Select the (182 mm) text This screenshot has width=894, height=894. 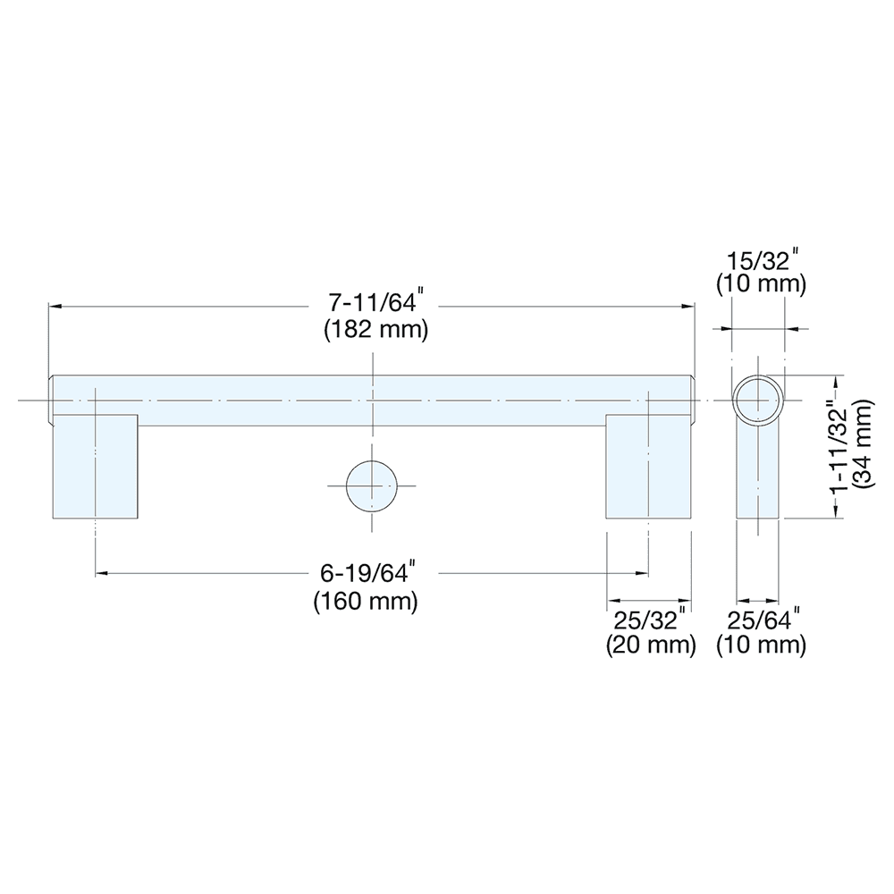point(375,328)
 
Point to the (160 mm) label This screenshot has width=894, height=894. point(366,601)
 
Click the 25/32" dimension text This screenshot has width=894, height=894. point(651,619)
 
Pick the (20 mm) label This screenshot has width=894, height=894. point(650,644)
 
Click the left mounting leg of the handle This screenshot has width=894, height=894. point(94,466)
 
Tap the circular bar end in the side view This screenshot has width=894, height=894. point(758,398)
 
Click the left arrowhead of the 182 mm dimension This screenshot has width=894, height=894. point(55,306)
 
